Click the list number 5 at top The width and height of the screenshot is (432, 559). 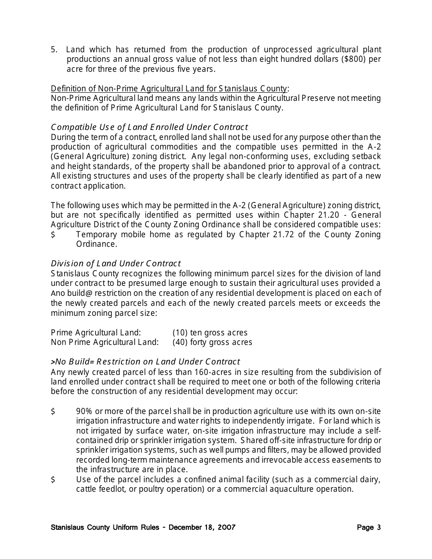[x=53, y=50]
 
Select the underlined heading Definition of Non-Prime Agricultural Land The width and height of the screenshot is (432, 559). [x=169, y=89]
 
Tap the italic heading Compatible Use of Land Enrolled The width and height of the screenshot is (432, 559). [x=149, y=127]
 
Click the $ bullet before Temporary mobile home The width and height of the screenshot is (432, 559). [x=53, y=235]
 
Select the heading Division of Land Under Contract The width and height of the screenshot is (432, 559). [x=116, y=264]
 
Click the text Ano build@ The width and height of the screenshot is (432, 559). [x=72, y=293]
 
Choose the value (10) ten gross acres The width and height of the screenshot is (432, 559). [x=210, y=333]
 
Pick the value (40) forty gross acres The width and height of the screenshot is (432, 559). [x=212, y=342]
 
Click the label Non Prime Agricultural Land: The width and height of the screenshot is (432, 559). [x=105, y=342]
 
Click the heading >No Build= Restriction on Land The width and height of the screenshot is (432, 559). [x=145, y=362]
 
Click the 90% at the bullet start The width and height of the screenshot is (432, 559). [x=85, y=411]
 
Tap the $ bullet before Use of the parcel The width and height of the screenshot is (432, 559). [x=53, y=480]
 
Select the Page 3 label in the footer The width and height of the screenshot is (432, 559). [x=369, y=528]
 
